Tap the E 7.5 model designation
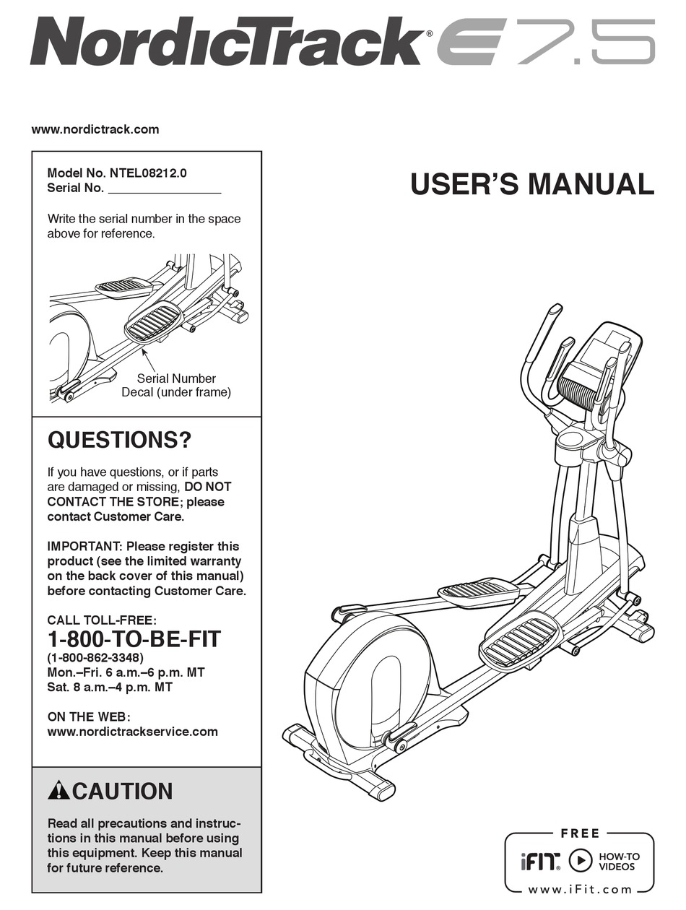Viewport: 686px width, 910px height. (x=547, y=41)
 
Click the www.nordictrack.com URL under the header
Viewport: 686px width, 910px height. (x=95, y=130)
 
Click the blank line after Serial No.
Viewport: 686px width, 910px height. (x=164, y=189)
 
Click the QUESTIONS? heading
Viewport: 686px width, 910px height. (x=119, y=440)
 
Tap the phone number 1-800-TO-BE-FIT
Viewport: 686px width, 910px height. (x=134, y=639)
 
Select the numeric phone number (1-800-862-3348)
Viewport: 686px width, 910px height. (x=95, y=658)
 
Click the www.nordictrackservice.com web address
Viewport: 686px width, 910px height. (x=132, y=732)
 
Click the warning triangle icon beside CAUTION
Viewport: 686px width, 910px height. (x=58, y=792)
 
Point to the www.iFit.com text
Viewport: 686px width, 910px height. (x=580, y=890)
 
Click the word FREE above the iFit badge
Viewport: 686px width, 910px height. (x=580, y=833)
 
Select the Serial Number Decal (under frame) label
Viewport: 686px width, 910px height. (x=176, y=386)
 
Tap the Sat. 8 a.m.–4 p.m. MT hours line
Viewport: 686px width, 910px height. (x=110, y=688)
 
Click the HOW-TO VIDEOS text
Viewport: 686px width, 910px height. (x=619, y=861)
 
